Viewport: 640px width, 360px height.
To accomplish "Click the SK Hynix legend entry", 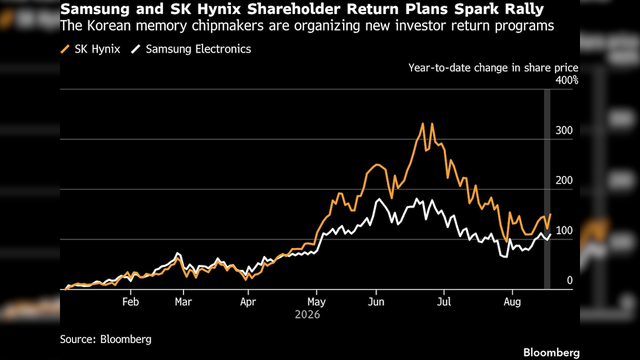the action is tap(90, 49).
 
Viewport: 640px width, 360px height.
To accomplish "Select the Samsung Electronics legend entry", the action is tap(191, 49).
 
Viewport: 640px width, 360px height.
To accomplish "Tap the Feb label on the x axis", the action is tap(130, 301).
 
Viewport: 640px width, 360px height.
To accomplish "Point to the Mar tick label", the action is tap(183, 301).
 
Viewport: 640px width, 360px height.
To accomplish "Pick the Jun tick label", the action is tap(376, 301).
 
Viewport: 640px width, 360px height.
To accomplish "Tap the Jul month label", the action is tap(444, 301).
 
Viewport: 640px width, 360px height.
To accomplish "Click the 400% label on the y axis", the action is tap(567, 80).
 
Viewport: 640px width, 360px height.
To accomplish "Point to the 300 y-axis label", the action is tap(564, 130).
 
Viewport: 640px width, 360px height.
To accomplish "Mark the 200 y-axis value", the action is tap(564, 180).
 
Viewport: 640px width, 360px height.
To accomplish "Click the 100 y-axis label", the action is tap(564, 230).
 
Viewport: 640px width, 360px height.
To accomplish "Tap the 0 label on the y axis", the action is tap(569, 280).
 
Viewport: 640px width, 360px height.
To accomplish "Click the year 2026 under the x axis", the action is tap(307, 314).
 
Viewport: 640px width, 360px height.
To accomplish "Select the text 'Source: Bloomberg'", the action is tap(105, 339).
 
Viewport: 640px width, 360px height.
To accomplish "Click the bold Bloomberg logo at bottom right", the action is tap(551, 352).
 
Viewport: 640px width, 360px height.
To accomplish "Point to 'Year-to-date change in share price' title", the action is tap(493, 67).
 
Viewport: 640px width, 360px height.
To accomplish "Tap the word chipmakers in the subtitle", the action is tap(227, 25).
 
